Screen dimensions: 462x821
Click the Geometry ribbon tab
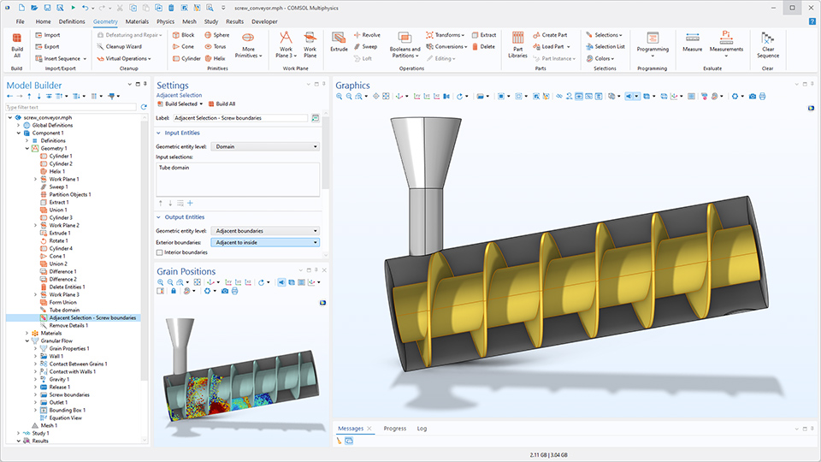pyautogui.click(x=106, y=21)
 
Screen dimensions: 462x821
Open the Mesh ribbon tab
pyautogui.click(x=189, y=21)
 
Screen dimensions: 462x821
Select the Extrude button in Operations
pyautogui.click(x=340, y=43)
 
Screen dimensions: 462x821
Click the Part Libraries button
pyautogui.click(x=517, y=44)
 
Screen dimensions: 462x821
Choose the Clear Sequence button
pyautogui.click(x=767, y=44)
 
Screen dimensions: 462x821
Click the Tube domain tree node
pyautogui.click(x=65, y=310)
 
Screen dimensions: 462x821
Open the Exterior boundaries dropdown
pyautogui.click(x=265, y=242)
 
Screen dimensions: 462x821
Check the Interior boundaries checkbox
pyautogui.click(x=160, y=252)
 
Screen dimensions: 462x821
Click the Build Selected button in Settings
pyautogui.click(x=180, y=104)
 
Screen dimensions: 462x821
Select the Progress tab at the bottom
pyautogui.click(x=395, y=428)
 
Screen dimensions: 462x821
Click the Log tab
pyautogui.click(x=422, y=428)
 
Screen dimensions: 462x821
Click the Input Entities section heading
pyautogui.click(x=184, y=133)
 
